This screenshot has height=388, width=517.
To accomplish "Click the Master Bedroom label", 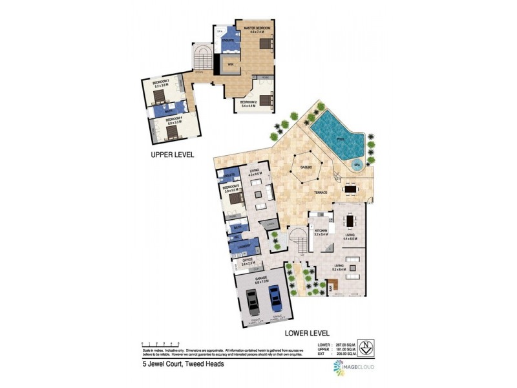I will [x=255, y=27].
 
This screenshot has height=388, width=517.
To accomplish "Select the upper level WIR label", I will [x=229, y=64].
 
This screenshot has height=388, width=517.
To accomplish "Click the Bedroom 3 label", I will [x=160, y=83].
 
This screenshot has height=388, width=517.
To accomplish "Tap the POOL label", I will [x=340, y=139].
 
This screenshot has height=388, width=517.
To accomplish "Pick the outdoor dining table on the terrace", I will [x=350, y=189].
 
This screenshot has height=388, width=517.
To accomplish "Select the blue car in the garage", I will [x=277, y=299].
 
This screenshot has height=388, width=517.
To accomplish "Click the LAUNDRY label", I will [x=244, y=246].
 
